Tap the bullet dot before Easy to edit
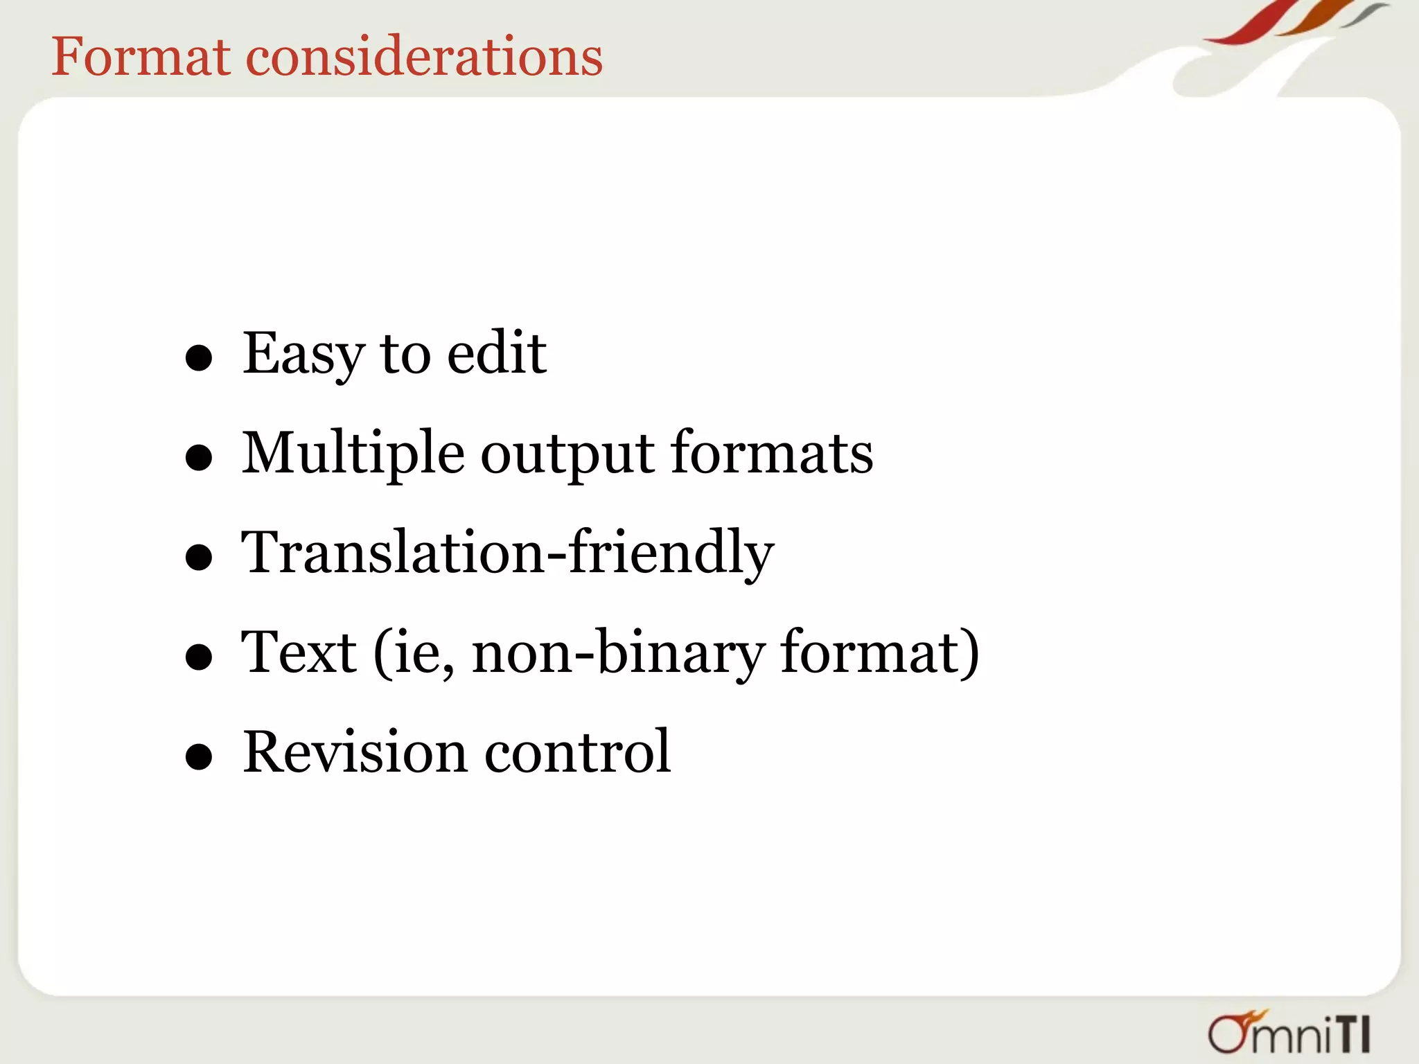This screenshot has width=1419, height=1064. coord(199,358)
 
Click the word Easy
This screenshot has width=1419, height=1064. coord(303,354)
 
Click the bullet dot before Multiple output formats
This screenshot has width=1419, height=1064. coord(199,458)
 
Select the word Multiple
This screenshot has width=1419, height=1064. coord(353,454)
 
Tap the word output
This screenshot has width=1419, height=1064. coord(567,455)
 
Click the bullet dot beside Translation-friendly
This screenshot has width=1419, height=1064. coord(199,558)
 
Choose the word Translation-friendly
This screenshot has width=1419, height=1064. coord(507,553)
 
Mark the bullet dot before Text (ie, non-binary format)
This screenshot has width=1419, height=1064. coord(199,657)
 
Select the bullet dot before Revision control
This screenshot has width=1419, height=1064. coord(199,757)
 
